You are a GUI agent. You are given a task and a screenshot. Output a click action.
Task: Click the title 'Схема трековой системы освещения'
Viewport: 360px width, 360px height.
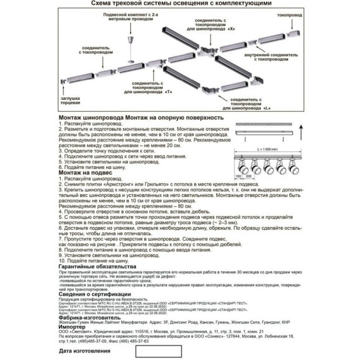tap(180, 4)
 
